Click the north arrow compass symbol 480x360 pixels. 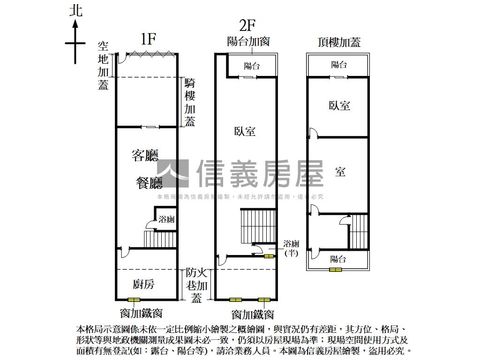click(x=75, y=42)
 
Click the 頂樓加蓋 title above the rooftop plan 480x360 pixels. click(x=339, y=42)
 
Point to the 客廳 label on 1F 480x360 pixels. click(x=145, y=156)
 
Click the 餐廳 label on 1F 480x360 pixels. click(x=149, y=183)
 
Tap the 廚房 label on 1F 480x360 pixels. click(x=144, y=284)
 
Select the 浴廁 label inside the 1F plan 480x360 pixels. click(x=167, y=219)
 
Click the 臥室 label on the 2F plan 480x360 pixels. click(x=245, y=131)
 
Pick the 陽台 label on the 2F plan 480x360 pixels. click(x=252, y=66)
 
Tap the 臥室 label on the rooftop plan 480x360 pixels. click(x=339, y=105)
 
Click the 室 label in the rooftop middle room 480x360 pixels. click(x=340, y=172)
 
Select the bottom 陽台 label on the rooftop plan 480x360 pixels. click(x=338, y=259)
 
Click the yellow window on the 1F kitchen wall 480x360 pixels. click(x=134, y=300)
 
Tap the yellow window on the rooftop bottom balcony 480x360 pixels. click(x=335, y=270)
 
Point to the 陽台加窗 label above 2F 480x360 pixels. click(x=248, y=42)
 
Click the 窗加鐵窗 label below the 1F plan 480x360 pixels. click(x=141, y=313)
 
